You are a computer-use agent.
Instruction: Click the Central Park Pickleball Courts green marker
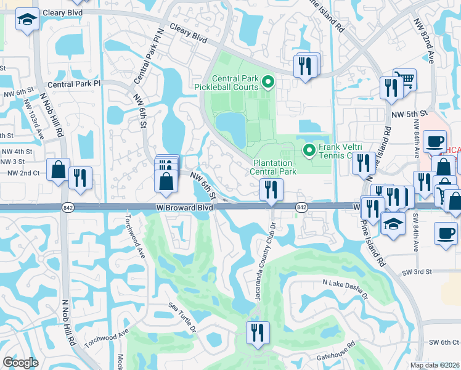click(x=267, y=81)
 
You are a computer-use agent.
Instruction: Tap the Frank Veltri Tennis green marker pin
click(x=311, y=150)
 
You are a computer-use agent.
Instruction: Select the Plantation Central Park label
click(x=274, y=167)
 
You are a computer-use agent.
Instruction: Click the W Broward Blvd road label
click(x=185, y=208)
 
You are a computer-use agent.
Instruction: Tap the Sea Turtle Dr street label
click(x=182, y=316)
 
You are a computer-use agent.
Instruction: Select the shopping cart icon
click(x=404, y=78)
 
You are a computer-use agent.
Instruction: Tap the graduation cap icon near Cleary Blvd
click(x=27, y=20)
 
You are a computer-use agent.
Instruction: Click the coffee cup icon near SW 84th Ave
click(x=445, y=233)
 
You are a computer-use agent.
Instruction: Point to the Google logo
click(x=20, y=363)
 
